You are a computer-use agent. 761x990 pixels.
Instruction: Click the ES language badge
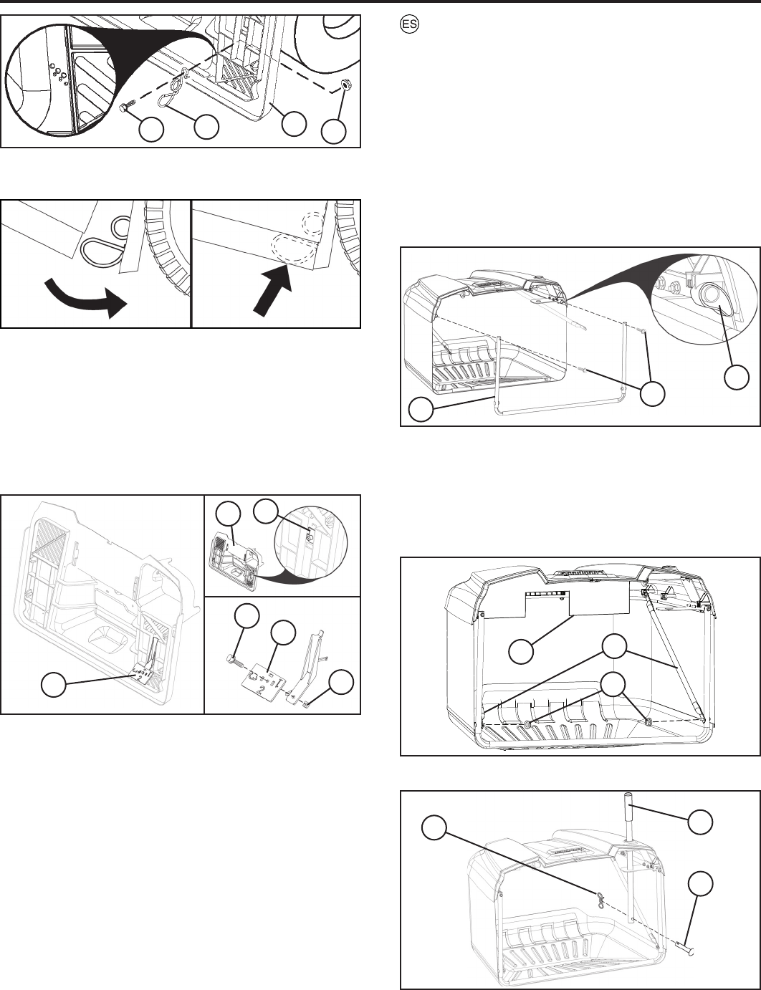[x=406, y=23]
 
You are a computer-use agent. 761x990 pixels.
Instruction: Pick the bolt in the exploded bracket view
[x=231, y=658]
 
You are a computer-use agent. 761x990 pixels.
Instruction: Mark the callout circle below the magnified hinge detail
[x=737, y=377]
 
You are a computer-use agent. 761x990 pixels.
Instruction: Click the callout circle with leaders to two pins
[x=653, y=393]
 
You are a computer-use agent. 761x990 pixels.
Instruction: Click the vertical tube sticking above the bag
[x=630, y=824]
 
